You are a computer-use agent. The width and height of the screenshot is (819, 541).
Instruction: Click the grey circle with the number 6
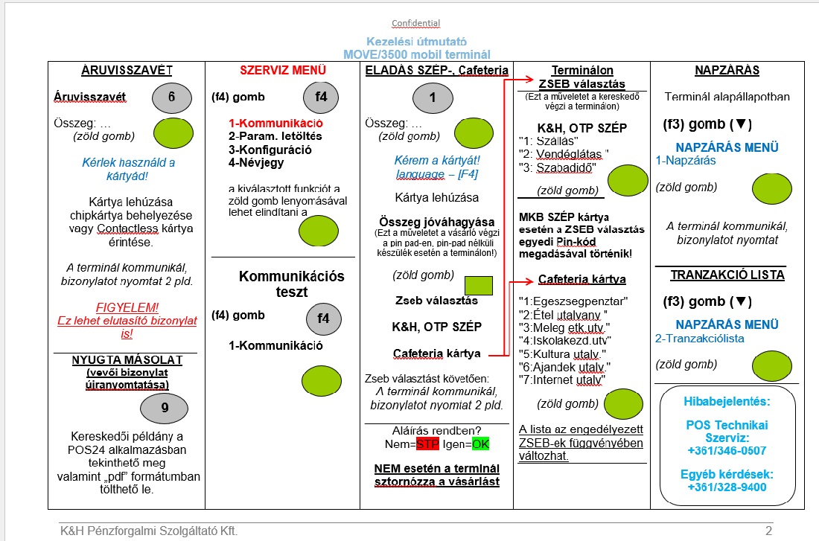coord(171,97)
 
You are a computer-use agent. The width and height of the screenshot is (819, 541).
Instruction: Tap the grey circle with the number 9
coord(164,408)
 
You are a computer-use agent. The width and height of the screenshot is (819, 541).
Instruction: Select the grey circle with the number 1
coord(433,97)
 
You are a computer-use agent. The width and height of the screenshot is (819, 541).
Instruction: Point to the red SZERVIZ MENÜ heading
coord(283,71)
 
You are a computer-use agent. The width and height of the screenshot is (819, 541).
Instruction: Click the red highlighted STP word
coord(427,445)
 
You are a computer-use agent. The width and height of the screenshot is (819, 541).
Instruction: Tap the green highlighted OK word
coord(481,445)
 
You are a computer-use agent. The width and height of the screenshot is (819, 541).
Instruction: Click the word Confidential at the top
coord(416,23)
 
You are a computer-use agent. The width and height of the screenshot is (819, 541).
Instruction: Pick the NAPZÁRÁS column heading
coord(727,71)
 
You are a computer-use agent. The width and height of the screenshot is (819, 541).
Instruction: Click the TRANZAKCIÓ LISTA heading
coord(727,275)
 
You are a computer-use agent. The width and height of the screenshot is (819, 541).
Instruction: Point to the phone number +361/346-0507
coord(726,450)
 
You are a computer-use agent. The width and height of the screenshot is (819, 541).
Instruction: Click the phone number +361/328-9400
coord(726,487)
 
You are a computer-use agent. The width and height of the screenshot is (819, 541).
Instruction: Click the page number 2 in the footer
coord(769,531)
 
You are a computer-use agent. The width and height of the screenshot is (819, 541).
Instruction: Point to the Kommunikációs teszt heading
coord(292,284)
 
